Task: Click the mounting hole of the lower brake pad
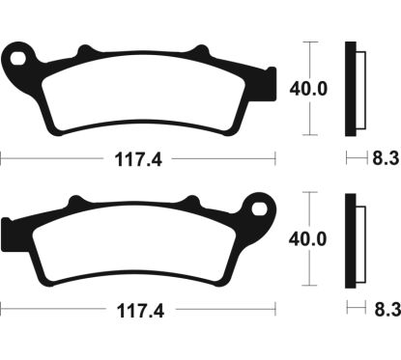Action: coord(258,207)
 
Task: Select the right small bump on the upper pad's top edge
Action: coord(202,50)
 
